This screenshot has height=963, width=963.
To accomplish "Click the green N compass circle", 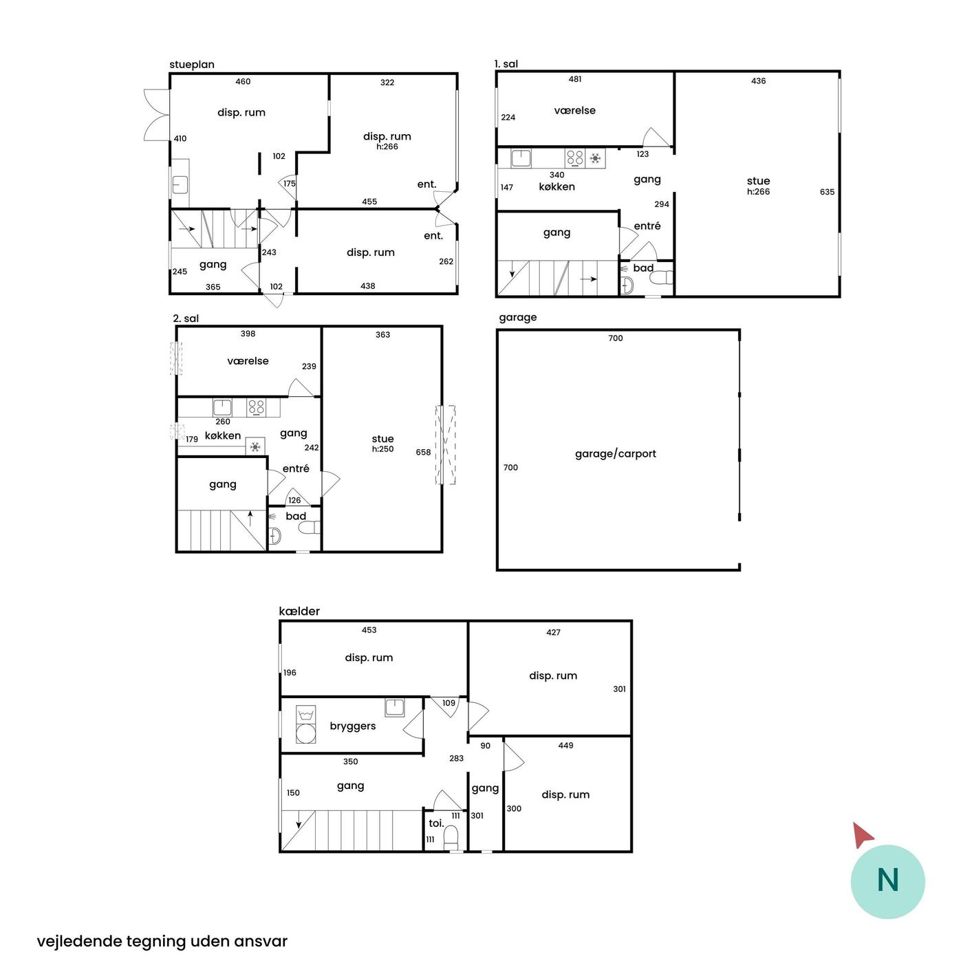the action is pyautogui.click(x=887, y=882).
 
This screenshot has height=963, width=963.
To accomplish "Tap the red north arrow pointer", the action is pyautogui.click(x=862, y=834).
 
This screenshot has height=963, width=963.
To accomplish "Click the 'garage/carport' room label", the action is pyautogui.click(x=615, y=454).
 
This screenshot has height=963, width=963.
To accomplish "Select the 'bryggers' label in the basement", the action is pyautogui.click(x=352, y=726).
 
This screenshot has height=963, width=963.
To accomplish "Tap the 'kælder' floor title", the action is pyautogui.click(x=299, y=611).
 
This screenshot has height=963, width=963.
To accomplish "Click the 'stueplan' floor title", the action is pyautogui.click(x=192, y=65).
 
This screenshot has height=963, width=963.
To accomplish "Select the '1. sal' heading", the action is pyautogui.click(x=506, y=64).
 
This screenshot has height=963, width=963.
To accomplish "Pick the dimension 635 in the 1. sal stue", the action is pyautogui.click(x=827, y=192).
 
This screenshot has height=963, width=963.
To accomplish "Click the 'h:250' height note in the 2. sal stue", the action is pyautogui.click(x=382, y=448).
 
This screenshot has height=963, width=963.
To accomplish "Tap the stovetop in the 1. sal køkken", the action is pyautogui.click(x=574, y=158).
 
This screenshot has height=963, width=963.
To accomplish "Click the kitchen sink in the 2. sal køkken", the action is pyautogui.click(x=222, y=407).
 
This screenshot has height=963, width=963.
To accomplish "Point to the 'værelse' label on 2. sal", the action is pyautogui.click(x=248, y=361).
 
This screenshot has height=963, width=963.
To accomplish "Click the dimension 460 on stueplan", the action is pyautogui.click(x=243, y=81).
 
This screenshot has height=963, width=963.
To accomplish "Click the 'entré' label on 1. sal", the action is pyautogui.click(x=647, y=226).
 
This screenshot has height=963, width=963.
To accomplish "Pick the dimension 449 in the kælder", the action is pyautogui.click(x=565, y=745).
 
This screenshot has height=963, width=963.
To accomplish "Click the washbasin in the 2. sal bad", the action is pyautogui.click(x=275, y=537).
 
